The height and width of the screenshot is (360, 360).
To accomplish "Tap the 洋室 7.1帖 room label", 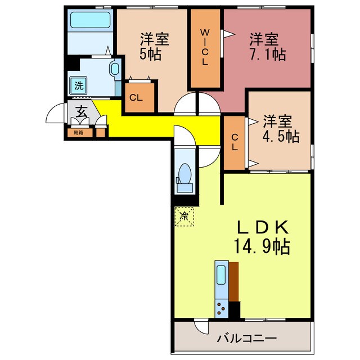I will (265, 47).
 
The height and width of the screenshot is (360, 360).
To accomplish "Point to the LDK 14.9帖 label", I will (263, 237).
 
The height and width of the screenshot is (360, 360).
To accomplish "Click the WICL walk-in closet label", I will (205, 48).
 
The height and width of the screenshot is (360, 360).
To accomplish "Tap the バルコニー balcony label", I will (247, 339).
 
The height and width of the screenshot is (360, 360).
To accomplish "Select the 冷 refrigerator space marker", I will (183, 215).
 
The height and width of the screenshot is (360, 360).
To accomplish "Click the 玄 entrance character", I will (81, 112).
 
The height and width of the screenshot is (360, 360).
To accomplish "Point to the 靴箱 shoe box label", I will (78, 133).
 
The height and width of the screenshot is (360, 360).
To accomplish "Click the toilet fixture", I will (184, 174).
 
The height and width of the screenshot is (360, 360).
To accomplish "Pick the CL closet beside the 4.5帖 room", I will (235, 142).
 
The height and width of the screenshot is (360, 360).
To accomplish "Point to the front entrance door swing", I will (55, 114).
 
